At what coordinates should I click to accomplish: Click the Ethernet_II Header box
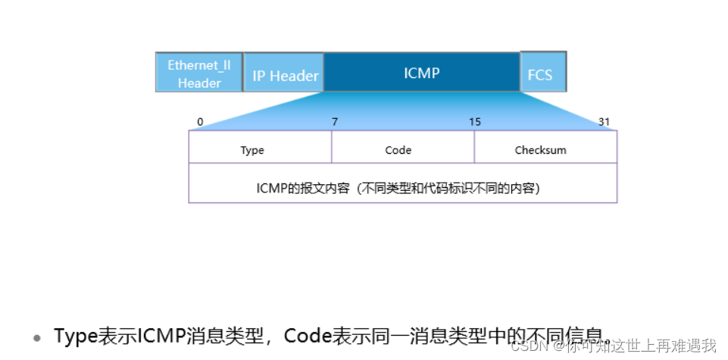[199, 73]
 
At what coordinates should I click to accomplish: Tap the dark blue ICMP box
[422, 73]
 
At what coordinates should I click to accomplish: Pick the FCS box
[542, 75]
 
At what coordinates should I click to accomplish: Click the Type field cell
[252, 150]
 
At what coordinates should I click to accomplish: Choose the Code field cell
[398, 150]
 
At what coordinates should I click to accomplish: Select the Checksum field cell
[540, 150]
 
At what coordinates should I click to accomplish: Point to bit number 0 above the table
[200, 122]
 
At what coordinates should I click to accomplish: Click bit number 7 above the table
[334, 122]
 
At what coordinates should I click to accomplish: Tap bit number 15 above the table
[475, 122]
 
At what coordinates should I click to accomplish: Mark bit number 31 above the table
[604, 122]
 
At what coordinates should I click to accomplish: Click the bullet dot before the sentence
[36, 337]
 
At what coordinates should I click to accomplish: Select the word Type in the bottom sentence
[76, 336]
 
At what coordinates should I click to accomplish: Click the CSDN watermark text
[529, 346]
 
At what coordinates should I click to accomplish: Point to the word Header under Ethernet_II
[199, 83]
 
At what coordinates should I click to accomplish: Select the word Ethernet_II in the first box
[199, 64]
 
